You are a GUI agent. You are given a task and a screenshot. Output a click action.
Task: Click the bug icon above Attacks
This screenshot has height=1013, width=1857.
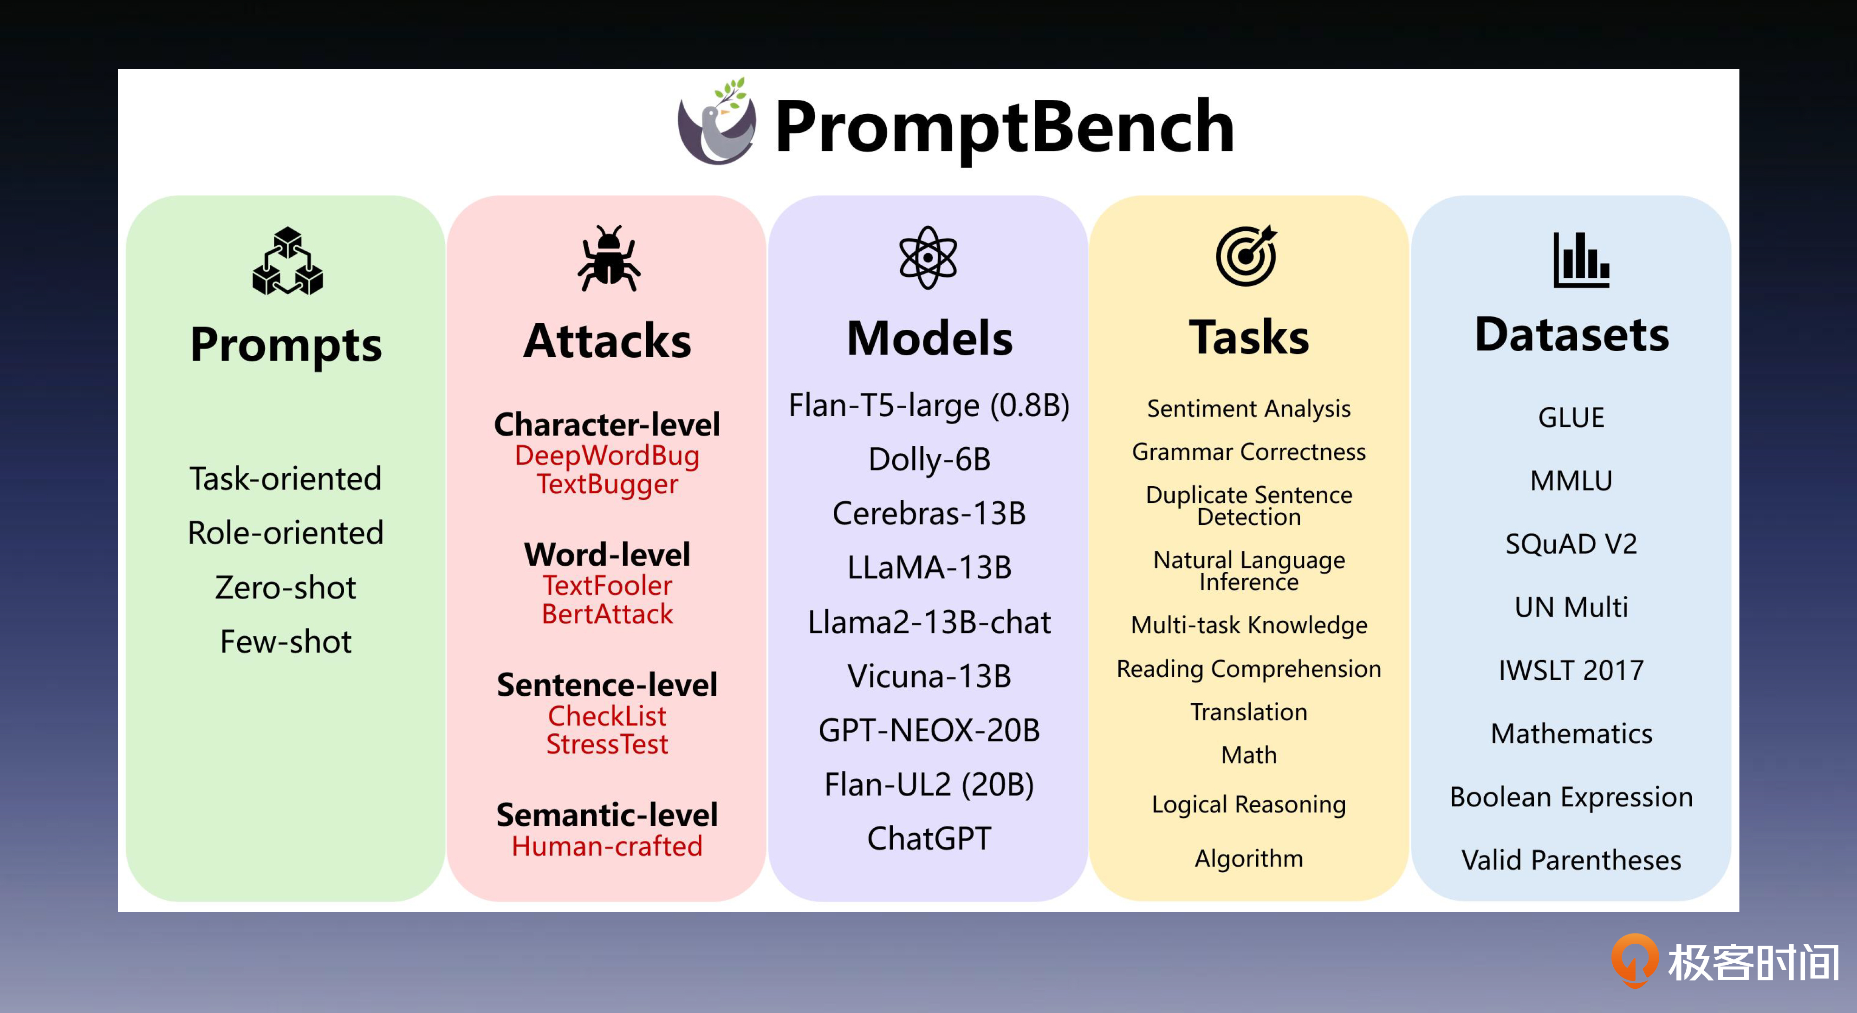tap(609, 258)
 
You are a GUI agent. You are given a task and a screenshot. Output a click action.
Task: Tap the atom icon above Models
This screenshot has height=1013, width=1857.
tap(928, 257)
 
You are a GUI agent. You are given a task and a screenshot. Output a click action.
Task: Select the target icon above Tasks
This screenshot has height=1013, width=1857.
tap(1247, 255)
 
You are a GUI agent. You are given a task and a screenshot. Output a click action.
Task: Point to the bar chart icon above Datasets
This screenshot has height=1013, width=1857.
tap(1581, 260)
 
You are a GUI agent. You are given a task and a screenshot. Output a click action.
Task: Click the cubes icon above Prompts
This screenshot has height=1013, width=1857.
tap(288, 261)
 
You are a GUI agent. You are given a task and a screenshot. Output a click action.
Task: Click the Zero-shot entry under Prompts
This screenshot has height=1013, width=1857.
tap(286, 588)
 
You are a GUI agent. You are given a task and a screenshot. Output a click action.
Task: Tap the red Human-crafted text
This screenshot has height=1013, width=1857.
tap(607, 846)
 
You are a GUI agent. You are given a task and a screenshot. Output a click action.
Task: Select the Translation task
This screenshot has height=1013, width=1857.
tap(1248, 712)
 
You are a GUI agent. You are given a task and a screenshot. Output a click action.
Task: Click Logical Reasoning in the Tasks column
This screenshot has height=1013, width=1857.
tap(1248, 804)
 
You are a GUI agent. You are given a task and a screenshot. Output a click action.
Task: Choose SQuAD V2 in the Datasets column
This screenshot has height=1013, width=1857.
tap(1571, 543)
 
